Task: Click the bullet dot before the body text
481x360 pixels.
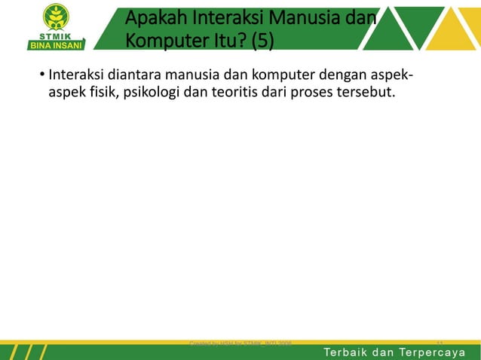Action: (41, 76)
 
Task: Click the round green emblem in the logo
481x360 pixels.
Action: (57, 17)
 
